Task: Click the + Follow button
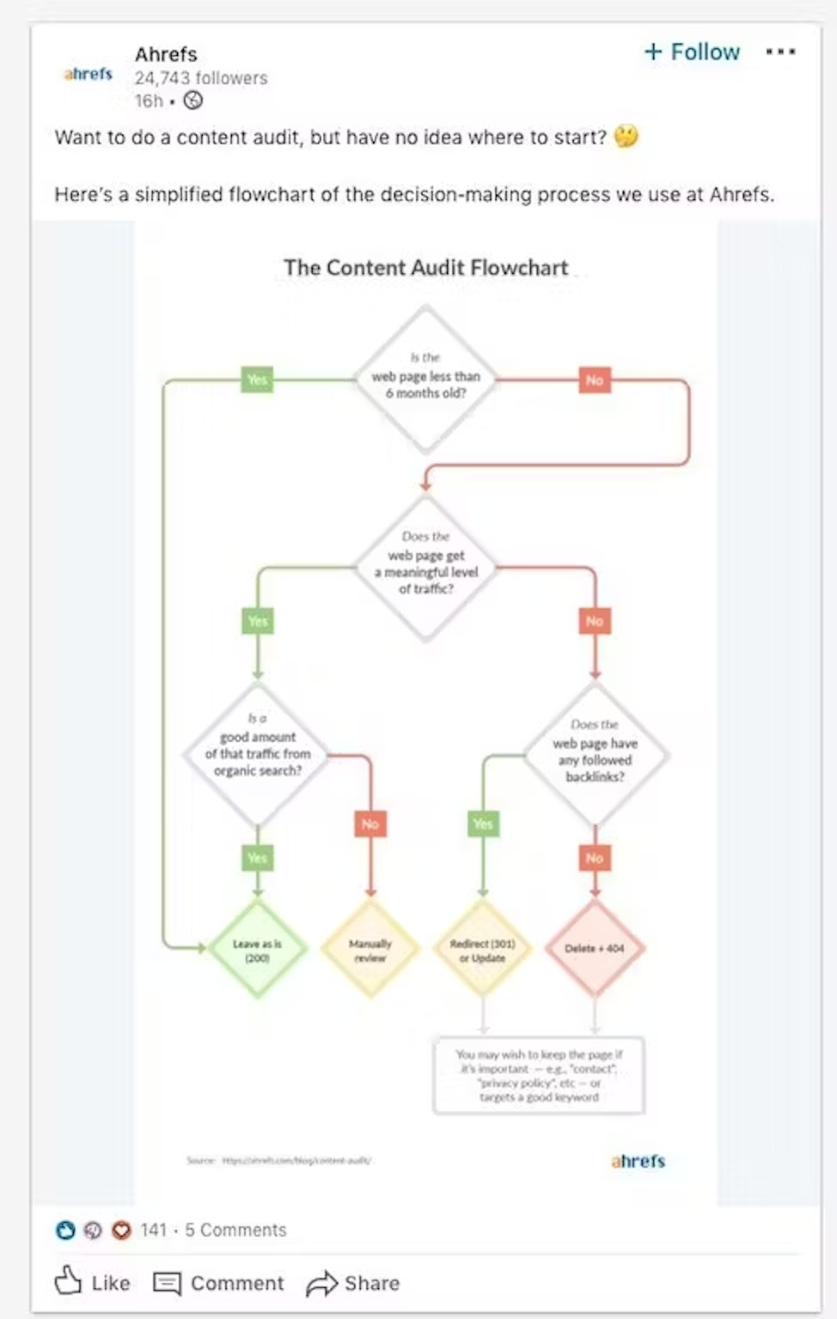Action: pyautogui.click(x=692, y=52)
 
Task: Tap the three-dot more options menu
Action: pyautogui.click(x=780, y=52)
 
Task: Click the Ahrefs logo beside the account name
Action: pyautogui.click(x=88, y=74)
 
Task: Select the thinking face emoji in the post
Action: pyautogui.click(x=626, y=137)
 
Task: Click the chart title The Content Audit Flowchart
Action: pyautogui.click(x=425, y=268)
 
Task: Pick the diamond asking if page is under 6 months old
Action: pyautogui.click(x=425, y=379)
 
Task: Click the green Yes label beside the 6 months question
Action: pyautogui.click(x=257, y=380)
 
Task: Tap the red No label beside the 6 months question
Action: pyautogui.click(x=594, y=380)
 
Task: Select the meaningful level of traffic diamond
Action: pyautogui.click(x=425, y=567)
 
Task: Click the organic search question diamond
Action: pyautogui.click(x=257, y=754)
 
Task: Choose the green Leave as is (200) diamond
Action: pyautogui.click(x=257, y=949)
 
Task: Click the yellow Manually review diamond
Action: pyautogui.click(x=370, y=949)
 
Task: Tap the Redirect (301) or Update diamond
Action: pyautogui.click(x=482, y=949)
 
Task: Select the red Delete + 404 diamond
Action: pyautogui.click(x=595, y=949)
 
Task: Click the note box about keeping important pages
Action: pyautogui.click(x=539, y=1075)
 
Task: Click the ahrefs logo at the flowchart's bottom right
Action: pyautogui.click(x=638, y=1161)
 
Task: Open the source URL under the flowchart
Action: pyautogui.click(x=296, y=1160)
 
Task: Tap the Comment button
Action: pyautogui.click(x=218, y=1283)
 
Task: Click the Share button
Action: pyautogui.click(x=353, y=1283)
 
